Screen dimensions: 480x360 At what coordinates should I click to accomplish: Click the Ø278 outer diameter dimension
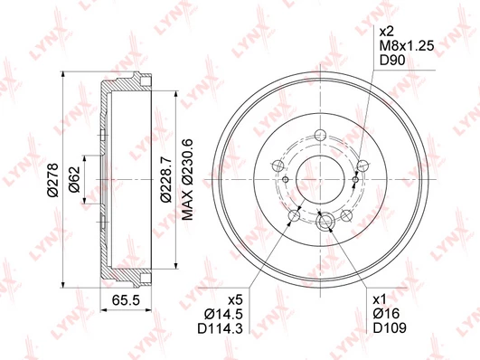pos(53,180)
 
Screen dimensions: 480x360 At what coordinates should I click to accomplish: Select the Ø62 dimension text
pos(74,179)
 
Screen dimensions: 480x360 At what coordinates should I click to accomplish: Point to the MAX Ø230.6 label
pos(188,179)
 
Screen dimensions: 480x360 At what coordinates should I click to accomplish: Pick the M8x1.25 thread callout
pos(407,46)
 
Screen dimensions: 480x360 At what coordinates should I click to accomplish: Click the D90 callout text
pos(392,61)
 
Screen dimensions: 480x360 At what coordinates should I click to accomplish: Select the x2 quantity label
pos(386,32)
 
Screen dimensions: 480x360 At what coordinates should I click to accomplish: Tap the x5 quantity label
pos(236,300)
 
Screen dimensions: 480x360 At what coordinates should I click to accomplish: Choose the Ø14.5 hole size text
pos(223,315)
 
